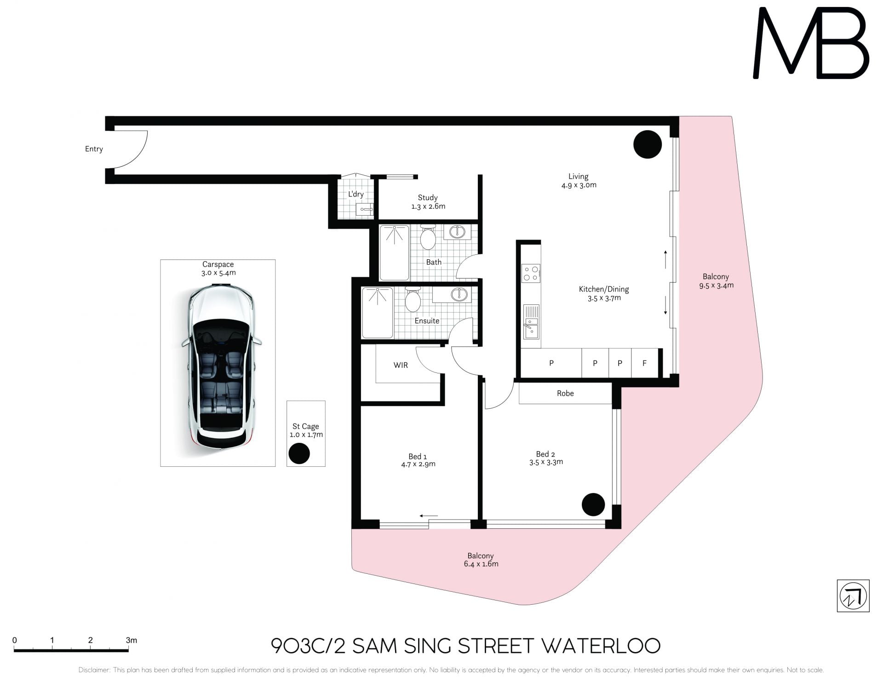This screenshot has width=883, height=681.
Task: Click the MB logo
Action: coord(811,43)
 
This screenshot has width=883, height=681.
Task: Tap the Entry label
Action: coord(94,149)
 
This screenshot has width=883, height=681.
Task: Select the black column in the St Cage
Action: coord(299,453)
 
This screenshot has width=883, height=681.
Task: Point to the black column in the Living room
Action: coord(648,144)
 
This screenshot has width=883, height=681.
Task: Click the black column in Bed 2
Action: coord(593,504)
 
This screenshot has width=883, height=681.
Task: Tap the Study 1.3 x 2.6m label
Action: coord(428,202)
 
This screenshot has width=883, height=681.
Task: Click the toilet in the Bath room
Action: coord(428,236)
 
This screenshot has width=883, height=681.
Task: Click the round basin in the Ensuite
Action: coord(459,294)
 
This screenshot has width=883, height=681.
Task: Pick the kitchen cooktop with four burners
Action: coord(531,273)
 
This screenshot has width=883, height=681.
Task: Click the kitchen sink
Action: coord(531,322)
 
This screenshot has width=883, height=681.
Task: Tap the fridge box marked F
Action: coord(644,363)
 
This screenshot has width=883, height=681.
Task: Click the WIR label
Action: coord(401,365)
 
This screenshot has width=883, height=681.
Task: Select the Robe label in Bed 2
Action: coord(565,393)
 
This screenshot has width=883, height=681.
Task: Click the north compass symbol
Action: coord(853,596)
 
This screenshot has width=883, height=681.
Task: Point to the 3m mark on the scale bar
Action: coord(128,650)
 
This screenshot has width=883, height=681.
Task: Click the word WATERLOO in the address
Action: coord(600,646)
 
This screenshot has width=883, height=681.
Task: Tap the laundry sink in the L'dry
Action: coord(365,210)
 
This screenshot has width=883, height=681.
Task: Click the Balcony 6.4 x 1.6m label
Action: coord(481,560)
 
